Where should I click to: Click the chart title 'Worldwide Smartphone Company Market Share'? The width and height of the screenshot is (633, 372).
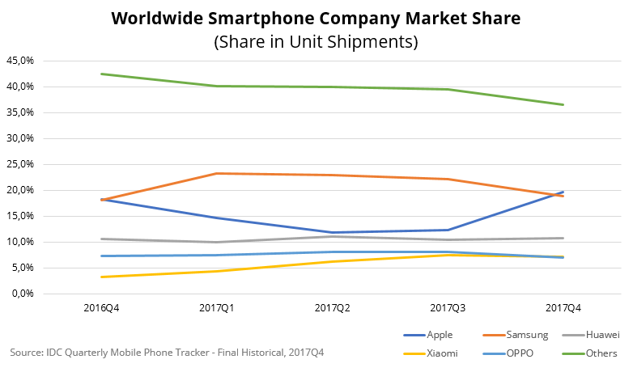click(316, 17)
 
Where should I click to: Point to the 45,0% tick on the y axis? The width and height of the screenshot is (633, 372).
click(19, 61)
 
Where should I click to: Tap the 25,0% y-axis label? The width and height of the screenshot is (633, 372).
click(19, 164)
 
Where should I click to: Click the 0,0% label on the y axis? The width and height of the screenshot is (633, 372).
click(22, 294)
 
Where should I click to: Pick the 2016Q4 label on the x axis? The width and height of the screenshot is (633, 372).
click(102, 308)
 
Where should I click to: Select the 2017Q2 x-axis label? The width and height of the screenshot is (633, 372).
click(333, 308)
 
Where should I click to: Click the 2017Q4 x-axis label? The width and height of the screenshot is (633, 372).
click(563, 308)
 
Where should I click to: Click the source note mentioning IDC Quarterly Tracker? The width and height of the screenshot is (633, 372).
click(167, 353)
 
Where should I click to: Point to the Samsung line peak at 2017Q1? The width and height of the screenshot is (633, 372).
click(217, 173)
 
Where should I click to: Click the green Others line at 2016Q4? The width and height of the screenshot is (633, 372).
click(102, 74)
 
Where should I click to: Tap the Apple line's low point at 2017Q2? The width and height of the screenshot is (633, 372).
click(333, 233)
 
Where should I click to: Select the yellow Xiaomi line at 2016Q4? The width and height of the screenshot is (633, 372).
click(102, 277)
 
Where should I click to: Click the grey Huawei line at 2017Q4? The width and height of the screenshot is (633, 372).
click(563, 238)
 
